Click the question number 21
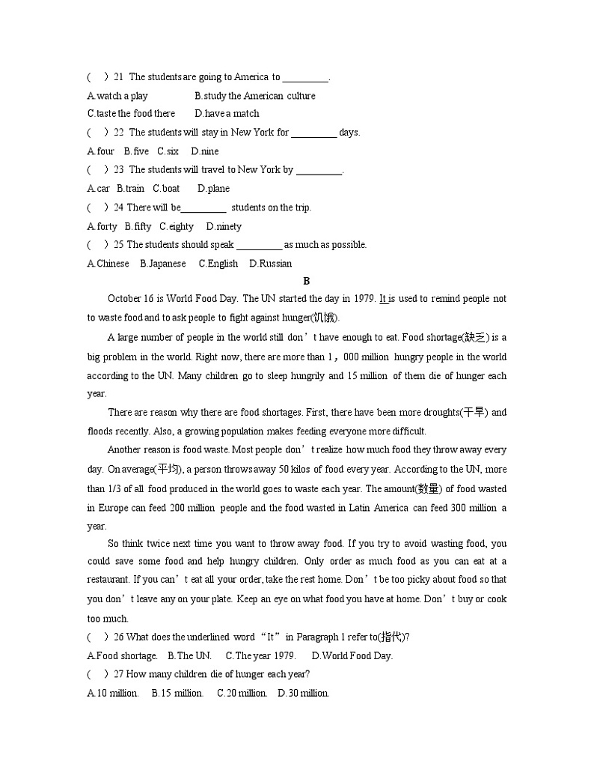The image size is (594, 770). coord(119,77)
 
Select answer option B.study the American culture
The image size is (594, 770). coord(255,96)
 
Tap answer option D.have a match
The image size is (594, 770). coord(227,114)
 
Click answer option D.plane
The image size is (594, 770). coord(213,189)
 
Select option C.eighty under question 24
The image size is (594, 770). coord(177,226)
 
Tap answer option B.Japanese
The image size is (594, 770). coord(163,264)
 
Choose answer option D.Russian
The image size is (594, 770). coord(271,264)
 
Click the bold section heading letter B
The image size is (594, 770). coord(306,281)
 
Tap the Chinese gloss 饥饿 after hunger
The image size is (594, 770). coord(325,318)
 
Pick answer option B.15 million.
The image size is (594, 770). coord(177,694)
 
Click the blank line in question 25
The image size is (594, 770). coord(259,246)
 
